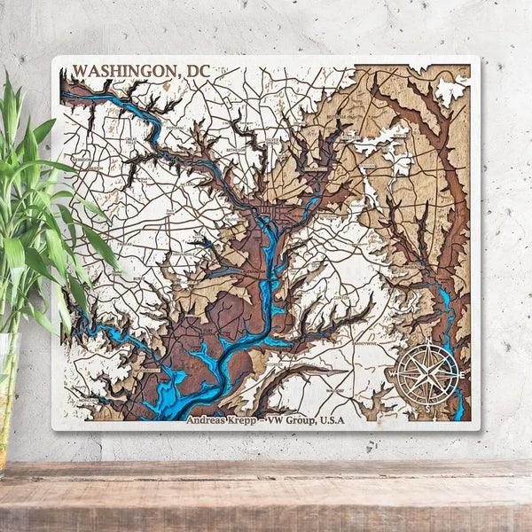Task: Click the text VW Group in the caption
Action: pyautogui.click(x=285, y=422)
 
